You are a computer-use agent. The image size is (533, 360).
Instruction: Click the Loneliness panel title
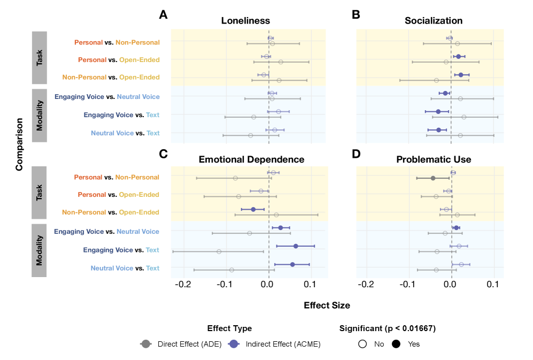point(245,21)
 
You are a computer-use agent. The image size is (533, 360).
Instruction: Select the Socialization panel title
point(434,21)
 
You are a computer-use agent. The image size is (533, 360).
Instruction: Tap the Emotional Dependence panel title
point(251,159)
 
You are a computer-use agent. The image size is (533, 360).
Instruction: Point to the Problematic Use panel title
point(434,159)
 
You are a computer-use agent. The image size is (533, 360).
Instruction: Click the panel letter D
point(356,154)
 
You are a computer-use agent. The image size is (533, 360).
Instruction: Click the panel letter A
point(164,15)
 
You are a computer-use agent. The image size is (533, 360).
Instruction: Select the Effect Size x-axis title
point(327,305)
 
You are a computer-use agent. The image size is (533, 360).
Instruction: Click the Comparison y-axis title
point(19,144)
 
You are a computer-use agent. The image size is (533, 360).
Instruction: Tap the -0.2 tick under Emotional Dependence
point(183,284)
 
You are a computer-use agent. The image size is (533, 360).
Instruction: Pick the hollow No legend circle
point(362,344)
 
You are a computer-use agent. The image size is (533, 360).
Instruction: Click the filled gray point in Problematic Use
point(433,178)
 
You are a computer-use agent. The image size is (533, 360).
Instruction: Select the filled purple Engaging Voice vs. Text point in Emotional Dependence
point(296,246)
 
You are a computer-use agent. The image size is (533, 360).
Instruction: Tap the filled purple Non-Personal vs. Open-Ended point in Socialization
point(461,74)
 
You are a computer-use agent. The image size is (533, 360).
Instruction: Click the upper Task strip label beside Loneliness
point(40,58)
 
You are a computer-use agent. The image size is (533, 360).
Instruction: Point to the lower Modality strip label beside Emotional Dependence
point(40,250)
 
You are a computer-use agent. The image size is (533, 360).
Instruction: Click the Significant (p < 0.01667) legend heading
point(387,328)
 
